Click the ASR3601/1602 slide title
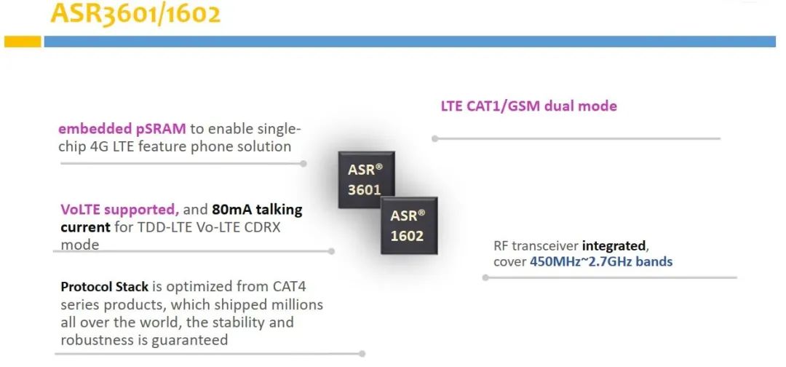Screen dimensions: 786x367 coord(135,14)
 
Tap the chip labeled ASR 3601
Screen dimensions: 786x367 coord(366,179)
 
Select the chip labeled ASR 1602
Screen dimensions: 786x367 coord(408,225)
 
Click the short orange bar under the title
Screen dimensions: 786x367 coord(23,42)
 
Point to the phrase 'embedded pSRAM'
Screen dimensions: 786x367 coord(122,129)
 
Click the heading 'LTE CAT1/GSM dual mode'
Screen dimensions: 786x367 coord(529,106)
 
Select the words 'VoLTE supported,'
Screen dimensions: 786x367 coord(120,210)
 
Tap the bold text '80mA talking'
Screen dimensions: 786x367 coord(257,210)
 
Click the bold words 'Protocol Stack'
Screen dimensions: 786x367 coord(104,287)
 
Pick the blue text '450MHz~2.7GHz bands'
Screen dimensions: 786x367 coord(601,261)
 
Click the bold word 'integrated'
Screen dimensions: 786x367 coord(615,246)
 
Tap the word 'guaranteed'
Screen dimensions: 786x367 coord(189,341)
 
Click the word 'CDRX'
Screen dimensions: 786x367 coord(262,227)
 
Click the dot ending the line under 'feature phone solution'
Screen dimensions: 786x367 coord(303,163)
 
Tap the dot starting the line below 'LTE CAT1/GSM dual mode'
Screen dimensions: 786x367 coord(434,138)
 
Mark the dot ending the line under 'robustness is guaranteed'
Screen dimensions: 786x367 coord(362,353)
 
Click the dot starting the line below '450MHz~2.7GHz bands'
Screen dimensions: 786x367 coord(485,277)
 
